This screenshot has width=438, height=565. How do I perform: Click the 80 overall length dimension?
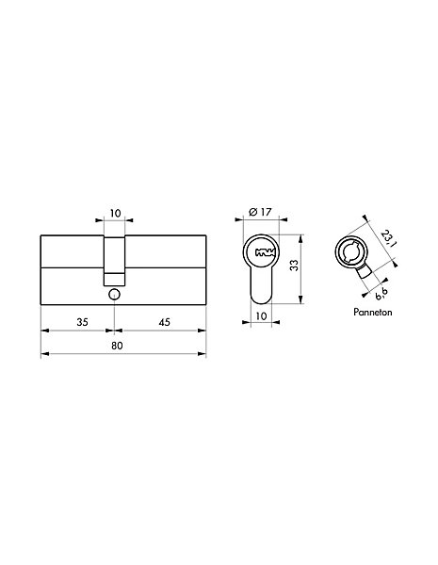[117, 346]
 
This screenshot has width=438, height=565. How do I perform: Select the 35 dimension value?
[82, 322]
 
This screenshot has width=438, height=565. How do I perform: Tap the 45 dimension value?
[165, 322]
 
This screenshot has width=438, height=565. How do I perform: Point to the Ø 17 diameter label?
[260, 212]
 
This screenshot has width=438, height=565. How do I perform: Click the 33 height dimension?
[295, 266]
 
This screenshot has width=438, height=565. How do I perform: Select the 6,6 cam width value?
[381, 294]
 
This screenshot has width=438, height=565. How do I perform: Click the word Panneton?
[372, 312]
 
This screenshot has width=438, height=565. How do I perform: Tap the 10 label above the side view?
[115, 214]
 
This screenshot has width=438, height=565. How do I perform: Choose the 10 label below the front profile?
[261, 316]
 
